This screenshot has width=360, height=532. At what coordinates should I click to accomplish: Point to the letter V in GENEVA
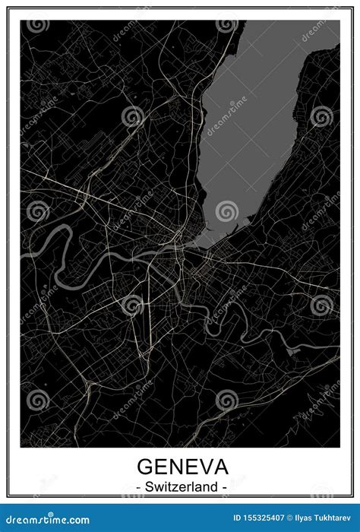pos(203,466)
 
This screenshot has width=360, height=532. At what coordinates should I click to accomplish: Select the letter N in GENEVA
pos(174,466)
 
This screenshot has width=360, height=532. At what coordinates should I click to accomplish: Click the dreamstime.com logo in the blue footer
pos(47,521)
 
